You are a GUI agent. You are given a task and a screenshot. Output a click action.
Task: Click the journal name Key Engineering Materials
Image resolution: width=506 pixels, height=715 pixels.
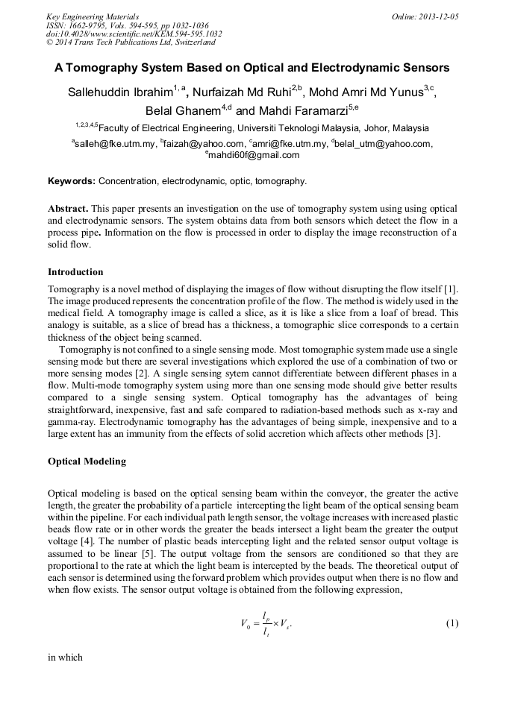[92, 16]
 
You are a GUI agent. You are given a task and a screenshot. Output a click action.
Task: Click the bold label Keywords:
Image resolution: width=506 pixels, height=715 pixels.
[72, 181]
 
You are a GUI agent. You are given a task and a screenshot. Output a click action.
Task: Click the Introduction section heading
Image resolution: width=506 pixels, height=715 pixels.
[75, 271]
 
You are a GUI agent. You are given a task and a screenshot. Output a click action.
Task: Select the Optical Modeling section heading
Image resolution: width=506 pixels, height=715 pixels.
[87, 462]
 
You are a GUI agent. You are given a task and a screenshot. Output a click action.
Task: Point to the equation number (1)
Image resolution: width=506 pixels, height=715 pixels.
[452, 623]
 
